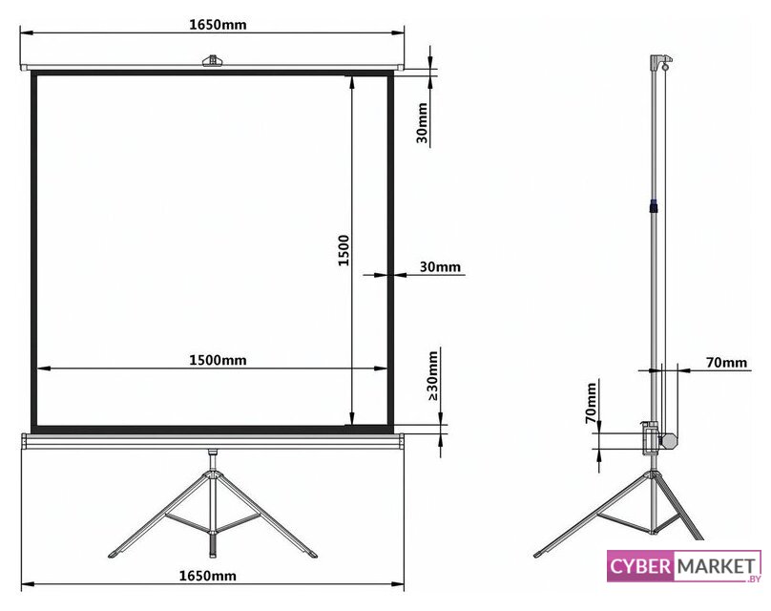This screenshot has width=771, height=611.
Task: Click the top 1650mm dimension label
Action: pos(218,24)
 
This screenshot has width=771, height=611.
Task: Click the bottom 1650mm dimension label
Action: pos(207,575)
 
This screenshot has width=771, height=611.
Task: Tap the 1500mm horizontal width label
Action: pos(218,360)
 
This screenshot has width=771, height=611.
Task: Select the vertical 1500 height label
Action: pos(344,251)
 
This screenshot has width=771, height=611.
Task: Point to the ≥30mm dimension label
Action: pos(432,375)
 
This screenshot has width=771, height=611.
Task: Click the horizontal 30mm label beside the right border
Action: pos(440,266)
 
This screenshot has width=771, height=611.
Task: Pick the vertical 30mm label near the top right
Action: pos(422,122)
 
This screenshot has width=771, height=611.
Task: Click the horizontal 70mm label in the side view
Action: pos(726,363)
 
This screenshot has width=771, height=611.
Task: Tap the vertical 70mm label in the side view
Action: pos(591,403)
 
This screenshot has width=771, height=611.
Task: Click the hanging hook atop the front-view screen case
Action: pos(212,60)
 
